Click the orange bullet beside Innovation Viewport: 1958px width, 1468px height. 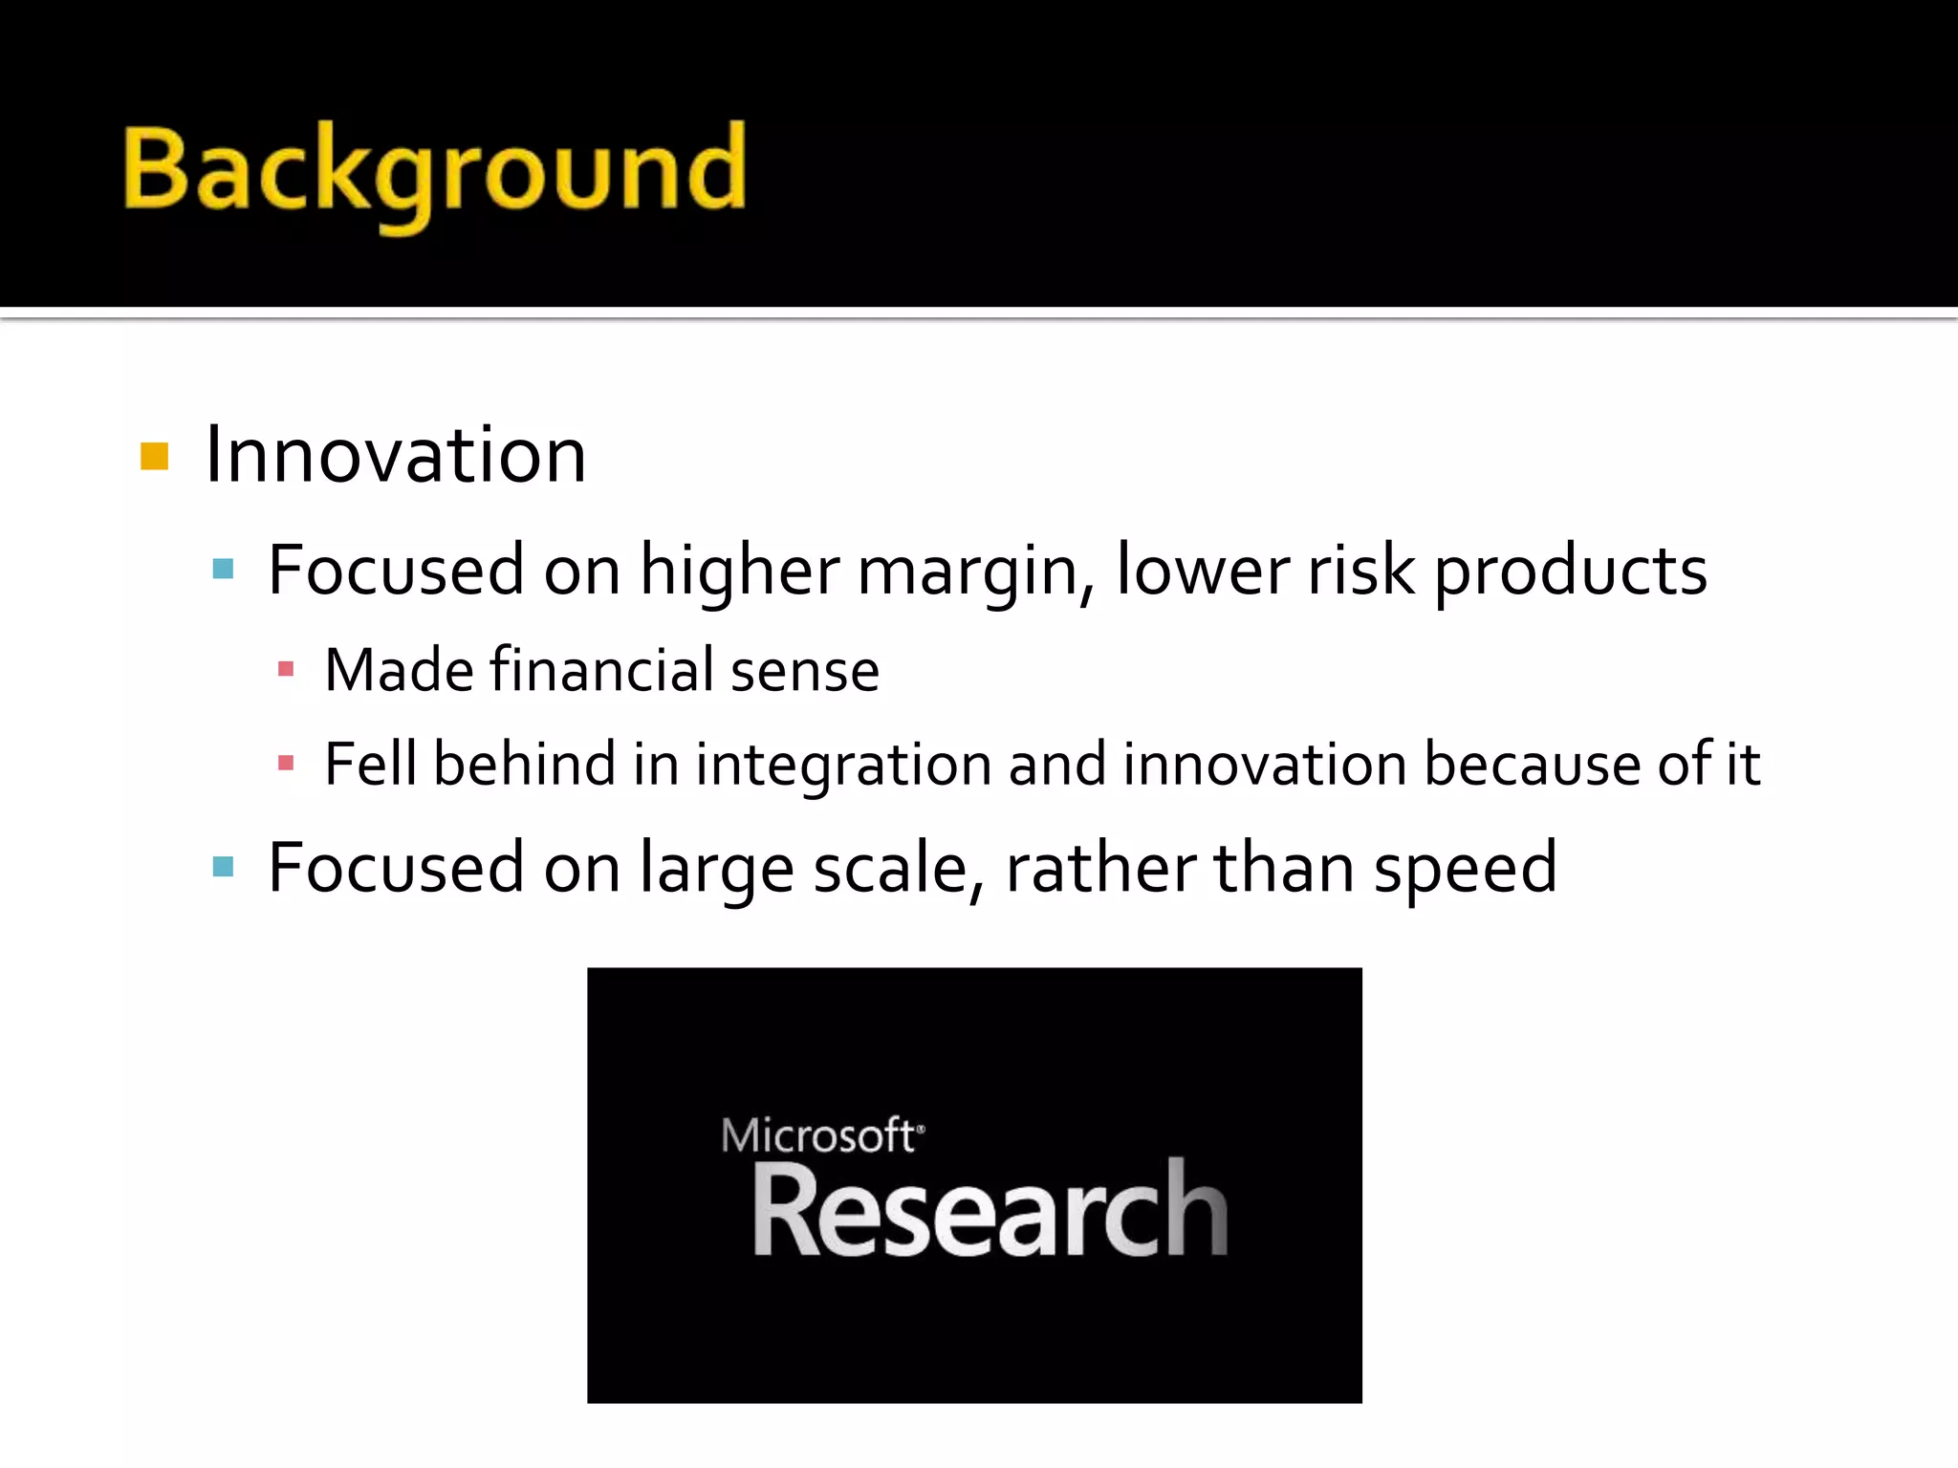pos(154,457)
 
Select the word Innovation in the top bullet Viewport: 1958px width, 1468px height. pos(396,455)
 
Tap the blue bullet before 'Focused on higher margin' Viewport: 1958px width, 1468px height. pos(223,571)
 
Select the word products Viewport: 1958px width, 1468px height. pos(1571,572)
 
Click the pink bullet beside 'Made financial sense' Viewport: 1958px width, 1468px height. pos(285,669)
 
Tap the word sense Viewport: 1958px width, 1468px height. pos(804,671)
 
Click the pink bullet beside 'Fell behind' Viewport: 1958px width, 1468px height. pos(285,763)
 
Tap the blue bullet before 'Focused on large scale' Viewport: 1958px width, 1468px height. pos(223,868)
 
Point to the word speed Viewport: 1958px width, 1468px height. pos(1466,870)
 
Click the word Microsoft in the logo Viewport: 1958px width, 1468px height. pos(818,1135)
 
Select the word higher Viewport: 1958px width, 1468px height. pos(739,572)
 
